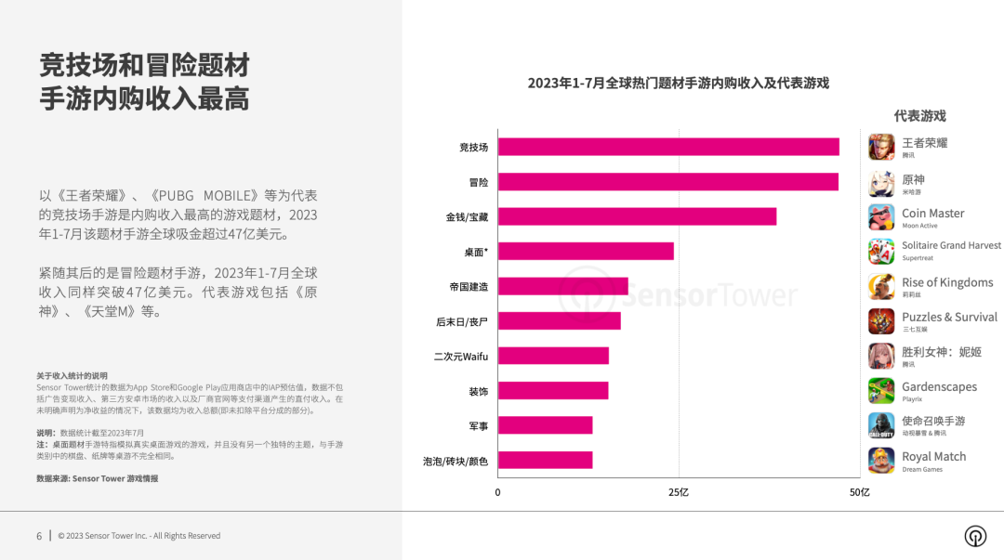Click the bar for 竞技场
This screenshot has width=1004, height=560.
click(x=667, y=147)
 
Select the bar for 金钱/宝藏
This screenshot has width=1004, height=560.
click(x=637, y=216)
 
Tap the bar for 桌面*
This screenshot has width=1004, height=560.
click(x=586, y=251)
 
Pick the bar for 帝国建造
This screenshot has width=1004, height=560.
click(x=562, y=286)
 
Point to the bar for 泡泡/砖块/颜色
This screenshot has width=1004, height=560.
click(x=545, y=460)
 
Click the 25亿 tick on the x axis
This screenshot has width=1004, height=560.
click(x=679, y=492)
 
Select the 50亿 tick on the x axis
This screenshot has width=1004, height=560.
click(x=860, y=492)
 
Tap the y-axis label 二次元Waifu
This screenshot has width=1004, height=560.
click(x=461, y=356)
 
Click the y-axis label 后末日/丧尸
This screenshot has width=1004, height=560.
click(x=462, y=321)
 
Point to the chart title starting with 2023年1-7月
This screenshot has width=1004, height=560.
click(x=678, y=83)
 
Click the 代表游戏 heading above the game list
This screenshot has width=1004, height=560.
click(x=919, y=116)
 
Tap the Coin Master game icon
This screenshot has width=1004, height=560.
click(x=881, y=217)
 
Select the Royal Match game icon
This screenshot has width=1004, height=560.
click(x=881, y=461)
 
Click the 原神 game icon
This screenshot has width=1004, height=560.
click(x=881, y=183)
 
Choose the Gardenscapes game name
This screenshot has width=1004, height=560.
click(x=939, y=386)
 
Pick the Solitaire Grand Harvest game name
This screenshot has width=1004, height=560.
click(x=951, y=245)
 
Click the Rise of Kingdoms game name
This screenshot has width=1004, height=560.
click(x=947, y=282)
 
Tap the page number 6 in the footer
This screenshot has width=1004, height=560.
click(x=39, y=536)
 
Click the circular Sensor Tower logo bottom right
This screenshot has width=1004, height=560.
click(x=974, y=536)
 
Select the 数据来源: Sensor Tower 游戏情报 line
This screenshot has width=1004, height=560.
click(x=97, y=478)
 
